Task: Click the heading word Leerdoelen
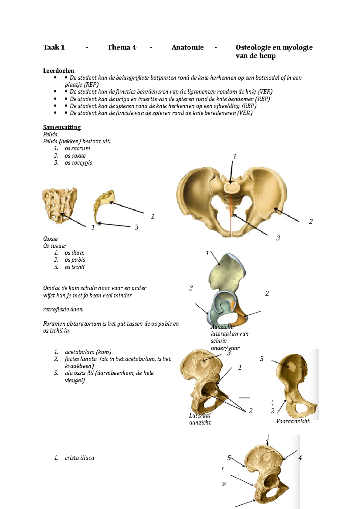coord(59,71)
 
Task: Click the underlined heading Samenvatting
coord(62,127)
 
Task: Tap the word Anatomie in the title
coord(187,47)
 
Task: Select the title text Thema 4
coord(121,47)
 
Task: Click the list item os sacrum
coord(77,148)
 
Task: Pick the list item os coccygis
coord(78,163)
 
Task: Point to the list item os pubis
coord(75,260)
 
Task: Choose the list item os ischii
coord(74,267)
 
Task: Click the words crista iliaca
coord(79,458)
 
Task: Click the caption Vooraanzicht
coord(293,421)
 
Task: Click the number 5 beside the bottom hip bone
coord(229,458)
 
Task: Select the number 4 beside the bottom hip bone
coord(300,458)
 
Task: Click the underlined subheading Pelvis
coord(50,134)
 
